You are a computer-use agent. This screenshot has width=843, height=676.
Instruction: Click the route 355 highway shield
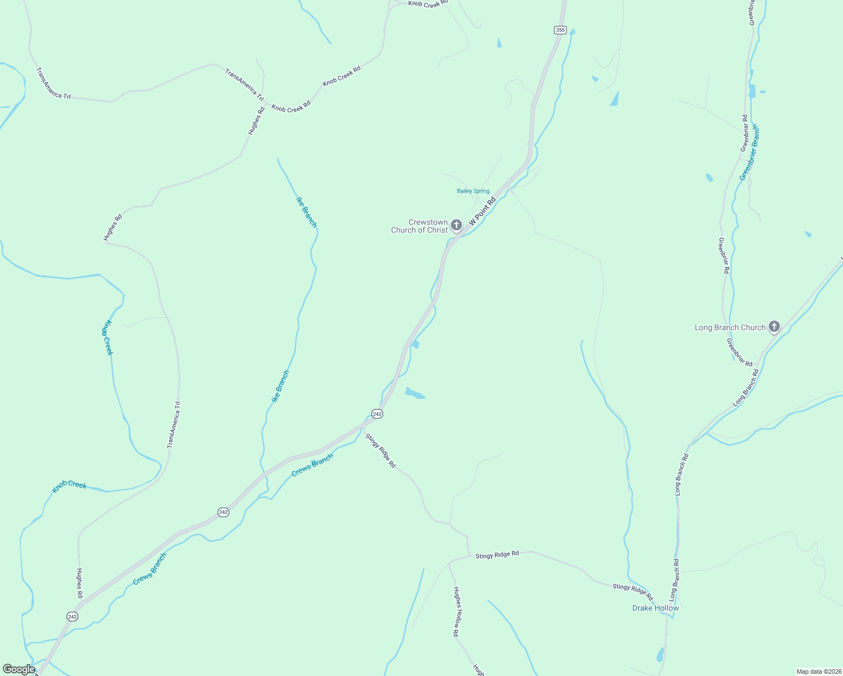tap(560, 30)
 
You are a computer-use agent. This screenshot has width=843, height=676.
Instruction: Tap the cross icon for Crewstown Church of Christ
tap(456, 225)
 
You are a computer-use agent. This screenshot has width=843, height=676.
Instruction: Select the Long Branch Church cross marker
tap(774, 326)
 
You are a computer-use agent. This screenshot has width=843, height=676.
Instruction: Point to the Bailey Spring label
tap(473, 191)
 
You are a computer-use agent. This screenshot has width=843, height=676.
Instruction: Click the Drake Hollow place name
tap(655, 608)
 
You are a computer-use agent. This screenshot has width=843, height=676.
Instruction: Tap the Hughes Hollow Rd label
tap(456, 612)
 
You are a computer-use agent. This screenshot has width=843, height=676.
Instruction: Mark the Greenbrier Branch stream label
tap(750, 152)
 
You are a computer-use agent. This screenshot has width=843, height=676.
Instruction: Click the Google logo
tap(19, 669)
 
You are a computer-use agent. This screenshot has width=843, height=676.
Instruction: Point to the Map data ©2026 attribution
tap(819, 671)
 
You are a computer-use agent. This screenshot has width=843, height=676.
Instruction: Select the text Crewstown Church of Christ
tap(420, 226)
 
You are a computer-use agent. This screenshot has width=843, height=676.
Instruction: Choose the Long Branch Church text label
tap(730, 327)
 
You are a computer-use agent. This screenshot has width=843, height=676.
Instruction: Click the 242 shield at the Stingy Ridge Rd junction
tap(377, 413)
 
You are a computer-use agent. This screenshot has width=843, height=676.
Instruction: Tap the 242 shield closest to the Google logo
tap(72, 616)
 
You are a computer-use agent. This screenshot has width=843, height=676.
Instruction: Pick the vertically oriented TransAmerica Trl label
tap(174, 425)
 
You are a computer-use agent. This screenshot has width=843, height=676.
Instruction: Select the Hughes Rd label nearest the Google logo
tap(79, 582)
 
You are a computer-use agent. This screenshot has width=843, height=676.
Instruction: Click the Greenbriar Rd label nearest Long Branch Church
tap(739, 352)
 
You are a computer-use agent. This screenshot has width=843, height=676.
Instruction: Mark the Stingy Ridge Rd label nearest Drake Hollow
tap(632, 591)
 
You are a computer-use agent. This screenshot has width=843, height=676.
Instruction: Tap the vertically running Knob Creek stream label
tap(107, 338)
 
